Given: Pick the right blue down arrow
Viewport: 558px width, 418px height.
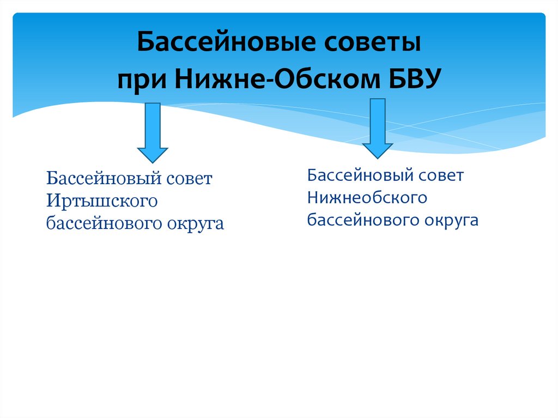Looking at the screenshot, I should (x=378, y=128).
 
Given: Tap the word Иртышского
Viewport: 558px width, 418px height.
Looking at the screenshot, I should (x=102, y=201).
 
